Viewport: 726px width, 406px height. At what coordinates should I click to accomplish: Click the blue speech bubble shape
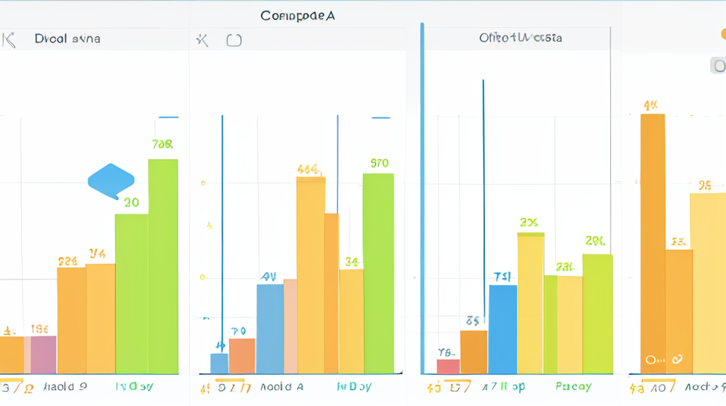pyautogui.click(x=110, y=180)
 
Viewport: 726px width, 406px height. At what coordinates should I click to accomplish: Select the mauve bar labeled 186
pyautogui.click(x=43, y=354)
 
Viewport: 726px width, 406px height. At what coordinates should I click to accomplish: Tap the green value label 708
pyautogui.click(x=163, y=144)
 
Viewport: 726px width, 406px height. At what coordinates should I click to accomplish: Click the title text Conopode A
pyautogui.click(x=297, y=15)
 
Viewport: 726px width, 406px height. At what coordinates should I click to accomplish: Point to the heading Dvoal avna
pyautogui.click(x=67, y=39)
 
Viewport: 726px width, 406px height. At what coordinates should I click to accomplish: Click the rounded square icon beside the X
pyautogui.click(x=234, y=40)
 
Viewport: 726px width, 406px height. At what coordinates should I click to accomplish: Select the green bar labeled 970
pyautogui.click(x=378, y=273)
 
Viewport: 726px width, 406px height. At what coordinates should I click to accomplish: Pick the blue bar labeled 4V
pyautogui.click(x=270, y=329)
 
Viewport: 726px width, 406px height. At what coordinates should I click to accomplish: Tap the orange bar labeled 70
pyautogui.click(x=242, y=355)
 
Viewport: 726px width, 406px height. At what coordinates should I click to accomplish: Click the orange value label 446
pyautogui.click(x=308, y=170)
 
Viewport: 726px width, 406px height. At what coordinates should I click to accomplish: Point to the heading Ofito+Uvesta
pyautogui.click(x=520, y=37)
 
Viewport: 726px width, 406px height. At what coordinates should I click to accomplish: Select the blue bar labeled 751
pyautogui.click(x=503, y=329)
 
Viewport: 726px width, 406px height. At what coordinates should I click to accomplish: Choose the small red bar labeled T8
pyautogui.click(x=448, y=366)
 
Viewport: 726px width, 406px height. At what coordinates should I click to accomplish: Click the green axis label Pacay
pyautogui.click(x=573, y=387)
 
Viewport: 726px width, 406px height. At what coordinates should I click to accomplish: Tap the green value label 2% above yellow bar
pyautogui.click(x=529, y=222)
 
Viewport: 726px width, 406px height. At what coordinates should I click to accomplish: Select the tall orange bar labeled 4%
pyautogui.click(x=652, y=242)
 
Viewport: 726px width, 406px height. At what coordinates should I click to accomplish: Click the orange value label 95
pyautogui.click(x=705, y=184)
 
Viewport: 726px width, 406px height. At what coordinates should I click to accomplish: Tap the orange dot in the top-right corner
pyautogui.click(x=723, y=34)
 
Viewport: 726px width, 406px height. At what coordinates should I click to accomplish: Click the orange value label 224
pyautogui.click(x=68, y=261)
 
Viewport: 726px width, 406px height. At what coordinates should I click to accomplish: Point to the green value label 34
pyautogui.click(x=352, y=262)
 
